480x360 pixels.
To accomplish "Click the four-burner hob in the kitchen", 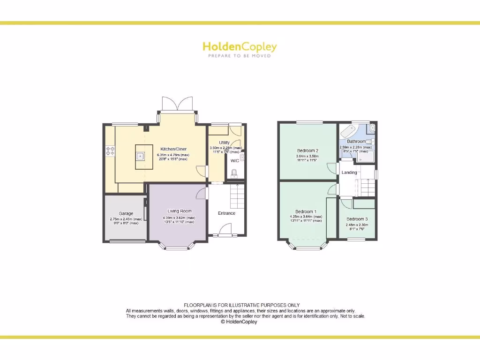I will [x=111, y=151].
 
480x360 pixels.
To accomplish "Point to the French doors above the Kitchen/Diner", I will [x=177, y=104].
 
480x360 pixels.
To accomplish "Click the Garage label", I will [x=126, y=213].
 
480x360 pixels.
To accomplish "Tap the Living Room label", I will [x=180, y=211].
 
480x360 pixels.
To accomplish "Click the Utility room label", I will [x=224, y=142].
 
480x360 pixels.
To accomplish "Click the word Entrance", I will [x=226, y=213].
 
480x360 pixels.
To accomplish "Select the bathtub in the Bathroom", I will [x=349, y=130].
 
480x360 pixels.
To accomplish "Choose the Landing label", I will [x=349, y=172].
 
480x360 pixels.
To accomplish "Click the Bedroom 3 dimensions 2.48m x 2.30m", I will [x=357, y=225].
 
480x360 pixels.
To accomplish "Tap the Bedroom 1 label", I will [x=306, y=211].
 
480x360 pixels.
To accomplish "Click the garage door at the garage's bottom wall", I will [x=127, y=241].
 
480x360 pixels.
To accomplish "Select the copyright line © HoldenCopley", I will [x=239, y=322].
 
